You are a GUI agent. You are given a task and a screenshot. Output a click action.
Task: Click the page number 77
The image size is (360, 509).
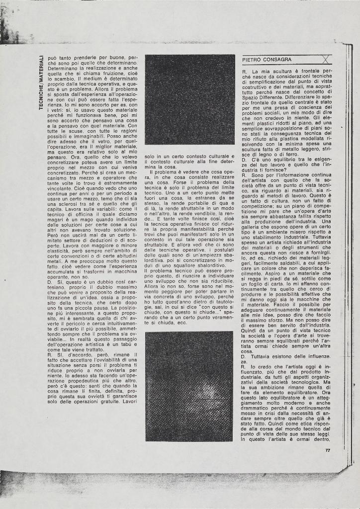click(x=328, y=450)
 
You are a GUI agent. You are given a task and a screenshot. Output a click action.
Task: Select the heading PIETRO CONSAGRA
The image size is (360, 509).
click(x=267, y=60)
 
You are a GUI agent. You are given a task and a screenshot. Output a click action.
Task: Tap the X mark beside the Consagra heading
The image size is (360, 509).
click(x=324, y=60)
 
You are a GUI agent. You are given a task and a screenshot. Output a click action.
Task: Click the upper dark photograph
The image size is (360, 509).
click(x=189, y=99)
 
